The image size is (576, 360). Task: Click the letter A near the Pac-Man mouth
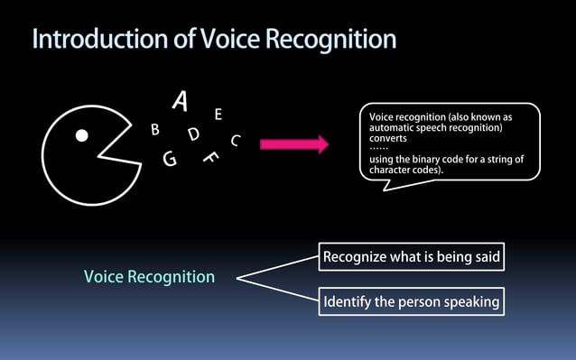pyautogui.click(x=180, y=103)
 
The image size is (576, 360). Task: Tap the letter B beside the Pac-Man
pyautogui.click(x=155, y=130)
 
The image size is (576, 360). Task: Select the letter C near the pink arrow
pyautogui.click(x=235, y=141)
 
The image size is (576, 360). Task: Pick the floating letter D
pyautogui.click(x=193, y=134)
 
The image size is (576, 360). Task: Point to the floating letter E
pyautogui.click(x=218, y=115)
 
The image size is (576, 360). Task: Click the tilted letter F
pyautogui.click(x=211, y=156)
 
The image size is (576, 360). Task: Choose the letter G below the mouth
pyautogui.click(x=170, y=160)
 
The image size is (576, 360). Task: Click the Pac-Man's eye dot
pyautogui.click(x=81, y=136)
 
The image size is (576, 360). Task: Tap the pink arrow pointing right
pyautogui.click(x=294, y=143)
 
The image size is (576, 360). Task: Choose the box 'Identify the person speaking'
pyautogui.click(x=412, y=302)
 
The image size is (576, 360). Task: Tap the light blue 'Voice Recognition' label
pyautogui.click(x=149, y=277)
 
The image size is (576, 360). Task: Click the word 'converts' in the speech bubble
pyautogui.click(x=388, y=139)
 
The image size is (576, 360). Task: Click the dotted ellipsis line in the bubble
pyautogui.click(x=379, y=149)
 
